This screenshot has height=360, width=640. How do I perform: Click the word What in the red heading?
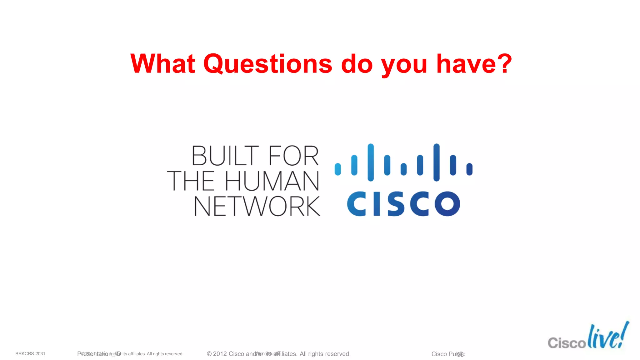(163, 64)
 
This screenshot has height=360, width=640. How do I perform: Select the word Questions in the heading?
(268, 64)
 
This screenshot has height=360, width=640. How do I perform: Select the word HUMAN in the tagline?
(272, 181)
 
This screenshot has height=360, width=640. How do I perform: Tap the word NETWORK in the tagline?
(257, 206)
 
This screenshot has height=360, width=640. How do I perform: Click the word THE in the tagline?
(191, 181)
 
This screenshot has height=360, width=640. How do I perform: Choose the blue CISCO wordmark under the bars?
(403, 204)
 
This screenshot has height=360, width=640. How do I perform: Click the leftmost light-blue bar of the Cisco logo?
(338, 169)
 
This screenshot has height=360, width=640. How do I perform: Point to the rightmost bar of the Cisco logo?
(469, 169)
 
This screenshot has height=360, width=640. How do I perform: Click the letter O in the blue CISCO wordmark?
(447, 204)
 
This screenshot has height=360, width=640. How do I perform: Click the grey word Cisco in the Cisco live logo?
(567, 343)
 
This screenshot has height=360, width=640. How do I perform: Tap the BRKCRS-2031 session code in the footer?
(30, 354)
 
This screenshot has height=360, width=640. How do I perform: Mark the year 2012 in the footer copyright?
(220, 354)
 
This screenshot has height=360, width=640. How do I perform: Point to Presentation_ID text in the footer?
(99, 354)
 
